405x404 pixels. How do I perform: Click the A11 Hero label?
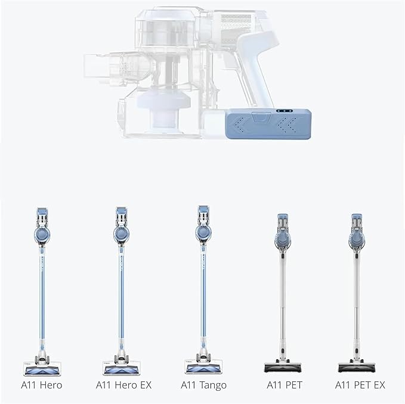pyautogui.click(x=42, y=385)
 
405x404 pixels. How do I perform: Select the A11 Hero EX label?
pyautogui.click(x=123, y=385)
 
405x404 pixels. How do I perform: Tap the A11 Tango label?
pyautogui.click(x=203, y=386)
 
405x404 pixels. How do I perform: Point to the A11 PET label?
pyautogui.click(x=284, y=385)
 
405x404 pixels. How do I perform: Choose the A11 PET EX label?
pyautogui.click(x=360, y=385)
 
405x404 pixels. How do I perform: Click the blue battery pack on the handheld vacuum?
pyautogui.click(x=268, y=124)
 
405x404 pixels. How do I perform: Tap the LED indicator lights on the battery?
pyautogui.click(x=284, y=111)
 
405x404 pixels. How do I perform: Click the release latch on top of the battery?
pyautogui.click(x=261, y=117)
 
